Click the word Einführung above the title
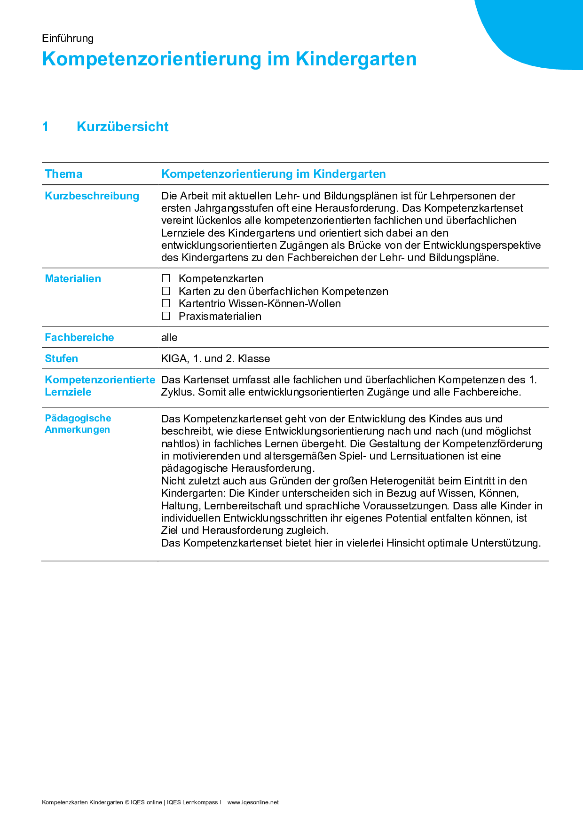68,38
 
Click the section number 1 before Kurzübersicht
46,127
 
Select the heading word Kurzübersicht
122,127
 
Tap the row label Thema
63,174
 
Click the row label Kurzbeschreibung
92,196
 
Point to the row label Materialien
73,278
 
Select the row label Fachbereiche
79,337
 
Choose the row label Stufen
62,358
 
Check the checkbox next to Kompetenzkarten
166,278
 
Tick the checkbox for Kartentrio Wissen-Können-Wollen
166,303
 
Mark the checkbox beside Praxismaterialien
166,316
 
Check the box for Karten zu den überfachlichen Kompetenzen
166,291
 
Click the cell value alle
169,337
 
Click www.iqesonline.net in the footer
253,802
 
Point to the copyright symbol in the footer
127,802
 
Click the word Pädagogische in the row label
78,418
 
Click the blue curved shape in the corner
541,28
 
